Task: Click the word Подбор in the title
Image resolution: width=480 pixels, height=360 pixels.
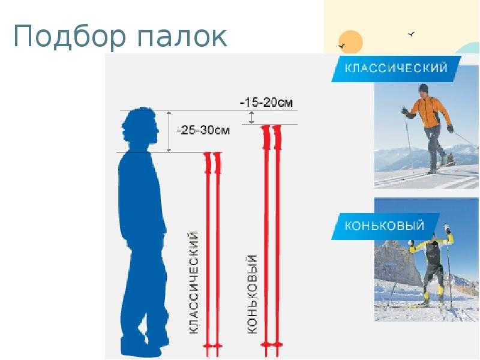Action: click(70, 37)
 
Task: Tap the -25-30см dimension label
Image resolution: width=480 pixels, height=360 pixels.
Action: click(203, 130)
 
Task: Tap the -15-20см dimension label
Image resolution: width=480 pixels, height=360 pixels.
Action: click(266, 102)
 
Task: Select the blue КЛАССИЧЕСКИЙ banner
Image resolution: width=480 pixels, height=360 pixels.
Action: click(396, 68)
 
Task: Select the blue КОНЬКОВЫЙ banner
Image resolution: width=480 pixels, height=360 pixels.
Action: click(385, 226)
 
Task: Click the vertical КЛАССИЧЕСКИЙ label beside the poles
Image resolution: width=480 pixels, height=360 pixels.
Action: click(194, 282)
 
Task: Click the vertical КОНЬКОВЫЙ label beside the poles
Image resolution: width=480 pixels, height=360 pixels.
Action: click(251, 294)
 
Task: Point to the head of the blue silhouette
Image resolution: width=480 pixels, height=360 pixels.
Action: click(140, 128)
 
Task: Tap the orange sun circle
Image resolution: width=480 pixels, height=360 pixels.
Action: click(351, 42)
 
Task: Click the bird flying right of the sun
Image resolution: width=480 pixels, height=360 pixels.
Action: click(412, 34)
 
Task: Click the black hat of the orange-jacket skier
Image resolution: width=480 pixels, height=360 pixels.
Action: click(424, 88)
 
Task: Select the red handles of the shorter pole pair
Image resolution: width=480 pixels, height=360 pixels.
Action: click(212, 163)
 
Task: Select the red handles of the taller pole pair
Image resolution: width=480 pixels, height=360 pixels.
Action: click(272, 137)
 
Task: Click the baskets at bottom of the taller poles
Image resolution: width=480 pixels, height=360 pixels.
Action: click(272, 345)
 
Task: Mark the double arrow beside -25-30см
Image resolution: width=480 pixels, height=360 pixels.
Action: click(169, 131)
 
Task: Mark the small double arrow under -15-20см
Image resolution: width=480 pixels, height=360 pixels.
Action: click(251, 118)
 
